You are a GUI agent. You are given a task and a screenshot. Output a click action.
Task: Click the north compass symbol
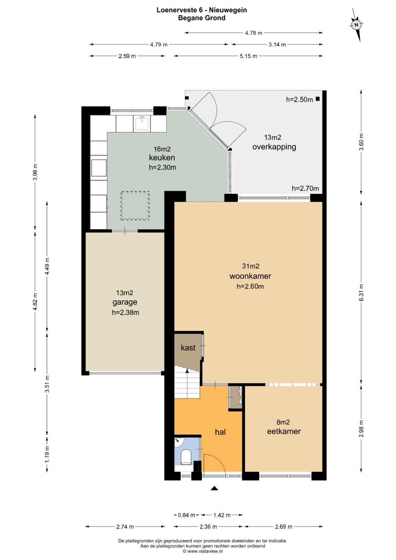(x=356, y=25)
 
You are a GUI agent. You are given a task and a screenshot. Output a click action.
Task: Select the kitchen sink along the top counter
(x=142, y=124)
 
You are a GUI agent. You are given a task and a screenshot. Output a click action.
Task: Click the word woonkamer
(x=250, y=276)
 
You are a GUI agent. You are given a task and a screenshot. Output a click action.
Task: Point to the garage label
(x=125, y=302)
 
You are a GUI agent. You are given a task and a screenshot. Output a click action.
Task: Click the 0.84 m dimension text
(x=187, y=515)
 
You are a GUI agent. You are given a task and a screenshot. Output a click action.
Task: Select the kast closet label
(x=188, y=348)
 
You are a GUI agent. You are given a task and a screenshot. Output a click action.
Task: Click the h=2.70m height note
(x=305, y=188)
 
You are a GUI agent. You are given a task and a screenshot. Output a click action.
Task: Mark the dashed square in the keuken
(x=135, y=205)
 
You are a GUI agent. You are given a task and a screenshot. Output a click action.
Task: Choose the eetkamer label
(x=284, y=431)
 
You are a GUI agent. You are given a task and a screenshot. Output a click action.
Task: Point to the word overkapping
(x=274, y=147)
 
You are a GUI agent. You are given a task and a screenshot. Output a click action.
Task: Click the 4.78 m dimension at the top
(x=253, y=33)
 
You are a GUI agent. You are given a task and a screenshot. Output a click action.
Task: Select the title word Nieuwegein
(x=228, y=10)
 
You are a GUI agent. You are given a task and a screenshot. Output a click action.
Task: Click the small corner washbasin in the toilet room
(x=179, y=442)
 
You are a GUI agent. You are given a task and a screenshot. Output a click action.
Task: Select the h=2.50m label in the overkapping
(x=299, y=99)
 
